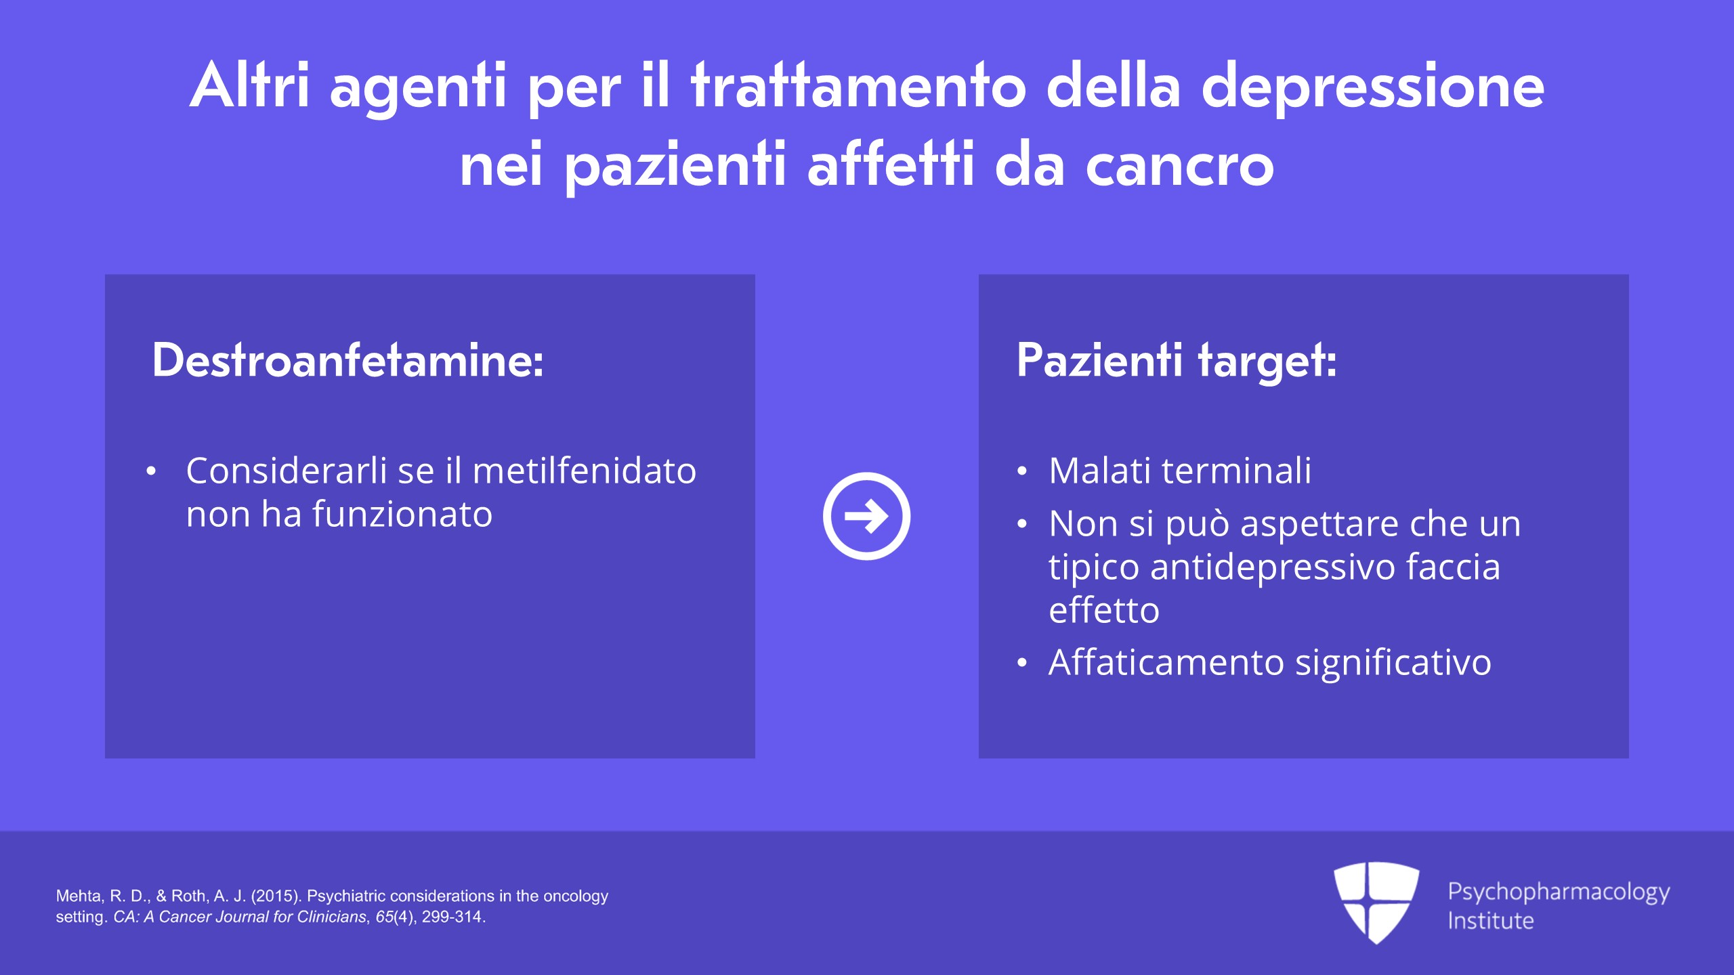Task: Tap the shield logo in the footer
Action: click(x=1376, y=903)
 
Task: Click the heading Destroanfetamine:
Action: click(x=347, y=360)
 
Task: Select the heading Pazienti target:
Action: click(x=1177, y=360)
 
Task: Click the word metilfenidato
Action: click(x=585, y=471)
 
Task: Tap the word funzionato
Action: click(x=402, y=514)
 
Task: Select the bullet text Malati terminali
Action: click(x=1180, y=471)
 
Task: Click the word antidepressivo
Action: click(x=1273, y=567)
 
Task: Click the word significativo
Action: click(x=1393, y=663)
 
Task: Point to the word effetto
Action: click(x=1104, y=610)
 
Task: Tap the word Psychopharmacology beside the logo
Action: click(x=1559, y=892)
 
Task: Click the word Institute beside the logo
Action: click(x=1491, y=921)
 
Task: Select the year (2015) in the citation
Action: click(x=276, y=896)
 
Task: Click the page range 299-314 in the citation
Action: click(x=452, y=917)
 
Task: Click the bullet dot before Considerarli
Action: click(x=151, y=471)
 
